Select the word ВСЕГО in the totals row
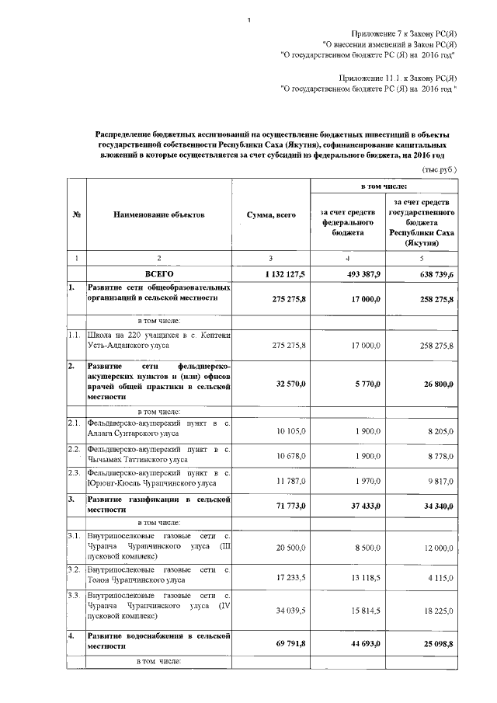pos(159,274)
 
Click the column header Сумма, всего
pos(272,215)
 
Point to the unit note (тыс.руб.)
pos(439,168)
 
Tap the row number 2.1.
pos(75,423)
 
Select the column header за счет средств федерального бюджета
pos(348,221)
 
